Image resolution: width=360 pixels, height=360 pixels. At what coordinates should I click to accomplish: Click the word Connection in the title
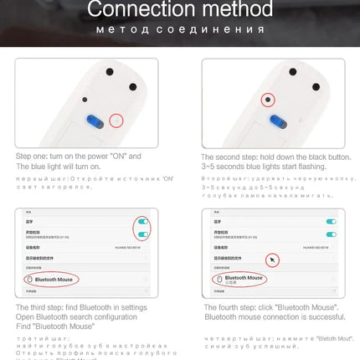click(x=138, y=11)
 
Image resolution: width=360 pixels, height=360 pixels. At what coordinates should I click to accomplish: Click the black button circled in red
click(x=269, y=100)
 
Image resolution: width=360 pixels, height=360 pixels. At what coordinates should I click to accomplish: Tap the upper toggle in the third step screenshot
click(x=144, y=224)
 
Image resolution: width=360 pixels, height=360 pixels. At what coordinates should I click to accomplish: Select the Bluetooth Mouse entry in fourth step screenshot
click(x=244, y=278)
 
